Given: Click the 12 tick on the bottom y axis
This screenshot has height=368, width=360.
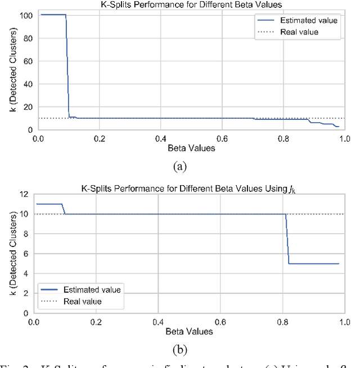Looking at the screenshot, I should pyautogui.click(x=24, y=194).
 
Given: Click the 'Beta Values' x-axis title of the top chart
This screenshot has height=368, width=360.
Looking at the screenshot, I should pyautogui.click(x=191, y=149).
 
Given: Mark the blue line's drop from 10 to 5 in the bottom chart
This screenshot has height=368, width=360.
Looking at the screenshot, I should pyautogui.click(x=288, y=239).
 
